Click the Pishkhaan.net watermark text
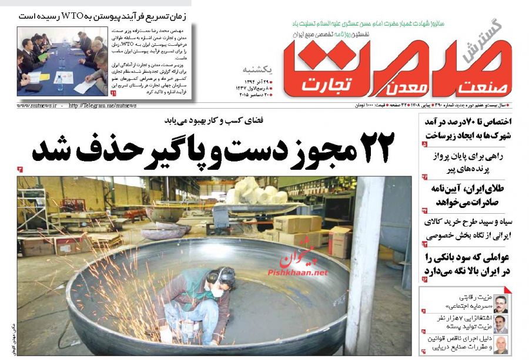[x=298, y=273]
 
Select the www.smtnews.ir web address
[x=36, y=106]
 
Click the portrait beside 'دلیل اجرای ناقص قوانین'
[x=501, y=345]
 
